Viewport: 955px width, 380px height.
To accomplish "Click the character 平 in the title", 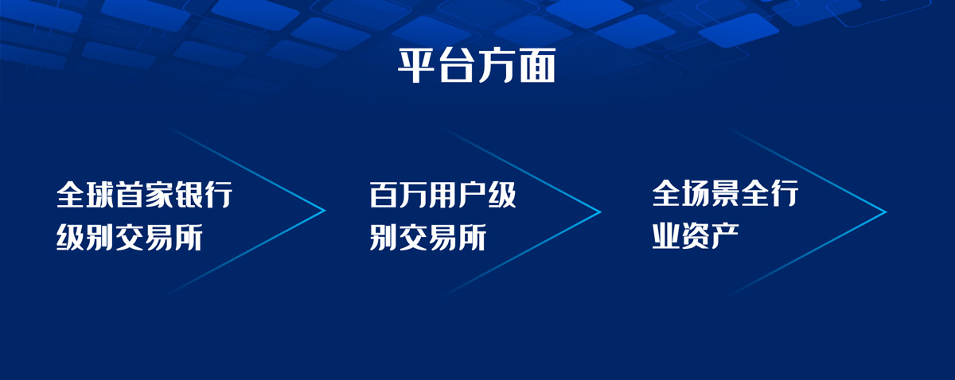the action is click(x=416, y=66).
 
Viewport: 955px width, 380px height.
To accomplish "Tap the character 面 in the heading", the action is click(x=538, y=66).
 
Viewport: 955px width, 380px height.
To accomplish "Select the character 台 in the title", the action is click(x=457, y=66).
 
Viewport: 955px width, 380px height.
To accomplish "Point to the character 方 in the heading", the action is click(x=497, y=66).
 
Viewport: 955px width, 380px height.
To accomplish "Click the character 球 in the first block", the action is click(x=100, y=195).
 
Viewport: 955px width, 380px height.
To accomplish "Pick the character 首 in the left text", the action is click(x=130, y=195).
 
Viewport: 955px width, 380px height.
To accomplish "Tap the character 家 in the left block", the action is click(x=159, y=195).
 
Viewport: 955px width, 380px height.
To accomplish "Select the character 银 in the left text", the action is click(x=189, y=195).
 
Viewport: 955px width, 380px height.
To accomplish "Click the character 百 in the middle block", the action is click(x=384, y=195).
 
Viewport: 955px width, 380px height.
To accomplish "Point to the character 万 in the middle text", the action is click(x=413, y=195).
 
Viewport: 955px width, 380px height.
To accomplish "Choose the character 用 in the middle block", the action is click(x=443, y=195).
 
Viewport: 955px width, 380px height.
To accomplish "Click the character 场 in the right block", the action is click(x=696, y=193).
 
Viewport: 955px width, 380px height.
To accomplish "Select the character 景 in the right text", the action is click(x=725, y=193).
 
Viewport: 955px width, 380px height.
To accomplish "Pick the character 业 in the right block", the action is click(x=666, y=235).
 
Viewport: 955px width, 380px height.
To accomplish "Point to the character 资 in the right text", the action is click(x=696, y=235).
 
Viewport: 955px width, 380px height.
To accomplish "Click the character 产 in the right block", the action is click(x=725, y=235).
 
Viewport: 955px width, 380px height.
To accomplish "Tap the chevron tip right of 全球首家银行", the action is click(x=325, y=210).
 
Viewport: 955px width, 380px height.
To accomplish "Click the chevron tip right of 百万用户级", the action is click(x=601, y=211).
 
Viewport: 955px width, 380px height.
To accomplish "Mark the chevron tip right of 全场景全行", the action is click(x=887, y=211).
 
